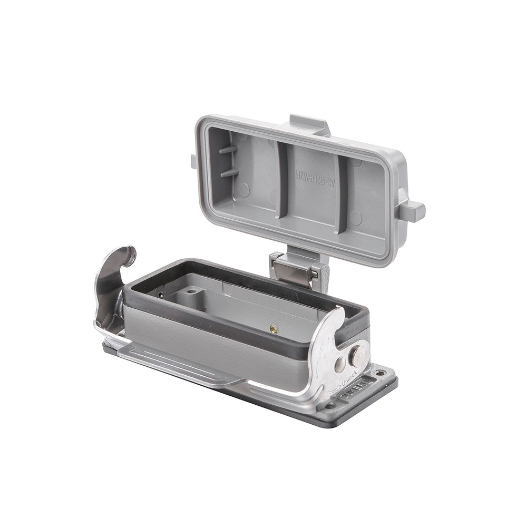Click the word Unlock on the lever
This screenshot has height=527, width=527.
coord(349,378)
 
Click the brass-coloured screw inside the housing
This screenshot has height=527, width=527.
coord(274,329)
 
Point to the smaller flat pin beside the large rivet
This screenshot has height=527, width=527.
coord(340,363)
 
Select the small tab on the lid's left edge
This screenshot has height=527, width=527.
coord(194,161)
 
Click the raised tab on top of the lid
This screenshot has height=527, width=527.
coord(309,124)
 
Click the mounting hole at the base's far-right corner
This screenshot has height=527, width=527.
coord(380,373)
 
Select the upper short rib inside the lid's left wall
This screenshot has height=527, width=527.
coord(228,150)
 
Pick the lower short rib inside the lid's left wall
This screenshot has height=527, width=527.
coord(229,172)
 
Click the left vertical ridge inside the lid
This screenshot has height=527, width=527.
coord(282,179)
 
